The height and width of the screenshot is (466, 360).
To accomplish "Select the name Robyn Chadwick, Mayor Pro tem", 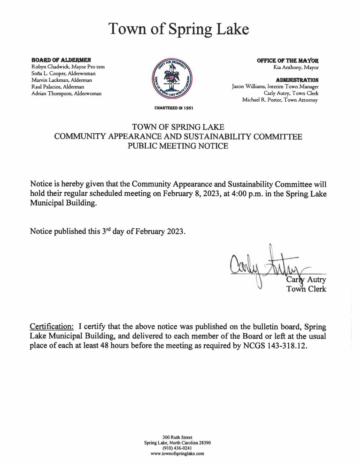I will pyautogui.click(x=68, y=67).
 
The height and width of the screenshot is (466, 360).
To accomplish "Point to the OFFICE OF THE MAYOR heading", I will pyautogui.click(x=288, y=61).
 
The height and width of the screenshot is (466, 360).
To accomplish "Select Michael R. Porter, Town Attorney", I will pyautogui.click(x=280, y=100).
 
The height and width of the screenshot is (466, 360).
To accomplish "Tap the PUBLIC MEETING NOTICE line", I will pyautogui.click(x=178, y=146).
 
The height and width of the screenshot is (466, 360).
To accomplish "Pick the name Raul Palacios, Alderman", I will pyautogui.click(x=57, y=87).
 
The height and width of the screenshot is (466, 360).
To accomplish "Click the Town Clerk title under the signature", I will pyautogui.click(x=306, y=289).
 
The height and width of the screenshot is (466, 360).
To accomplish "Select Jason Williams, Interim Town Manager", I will pyautogui.click(x=275, y=87).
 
